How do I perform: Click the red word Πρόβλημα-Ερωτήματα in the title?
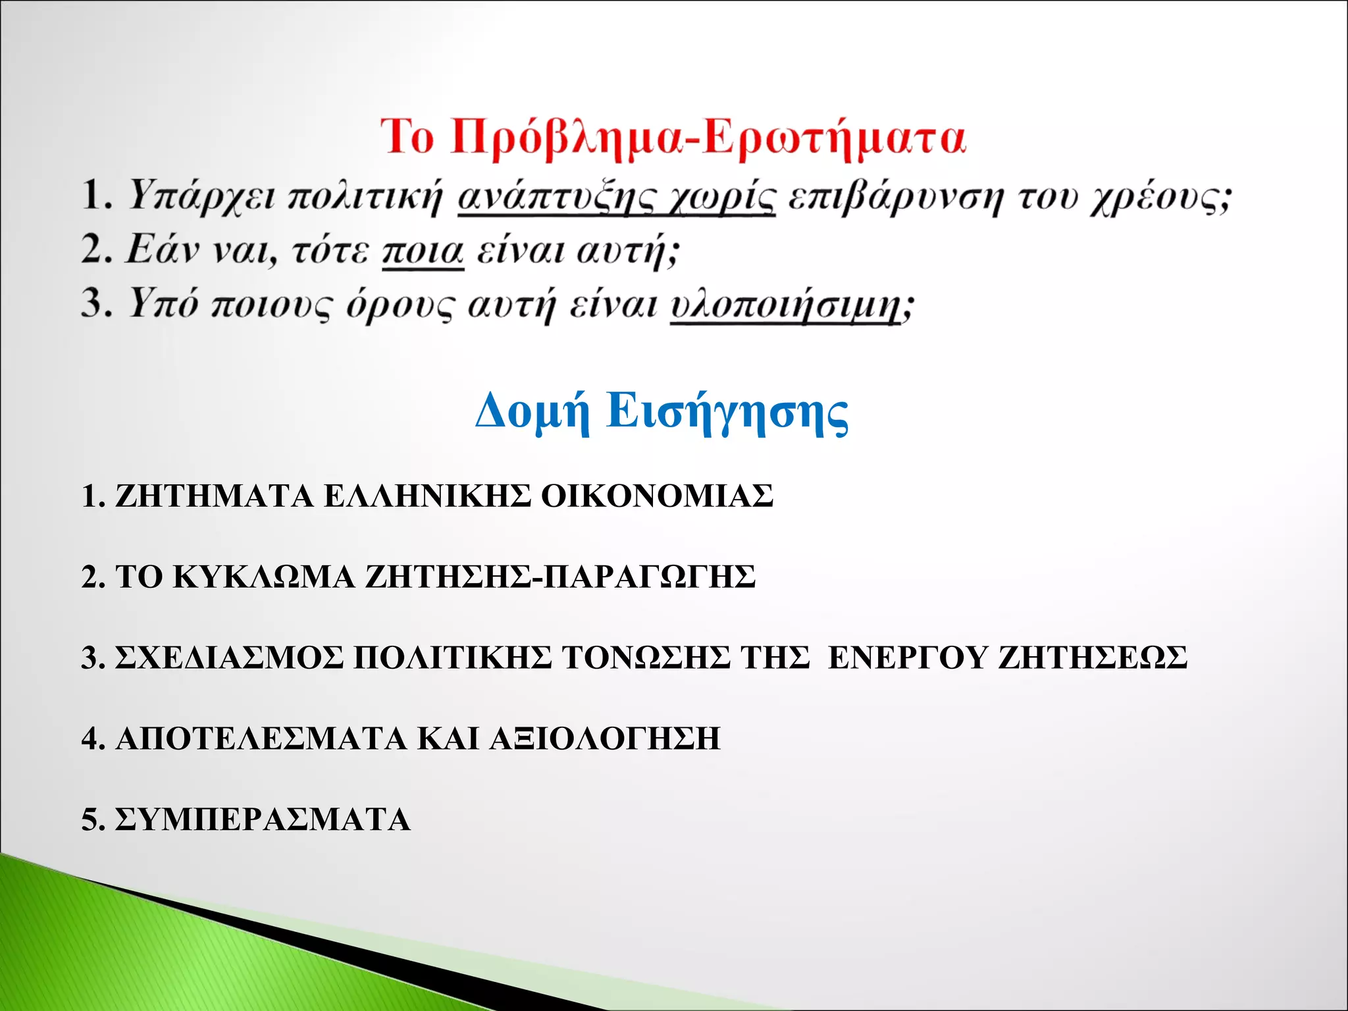[x=708, y=138]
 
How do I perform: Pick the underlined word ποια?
[x=423, y=251]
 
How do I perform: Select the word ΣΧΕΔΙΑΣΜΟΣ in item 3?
[x=229, y=658]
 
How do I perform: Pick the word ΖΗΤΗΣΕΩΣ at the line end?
[x=1093, y=658]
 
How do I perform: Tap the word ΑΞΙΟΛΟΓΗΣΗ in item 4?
[x=605, y=739]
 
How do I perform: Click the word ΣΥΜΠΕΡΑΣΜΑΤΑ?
[x=263, y=819]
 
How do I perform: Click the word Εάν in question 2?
[x=162, y=251]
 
